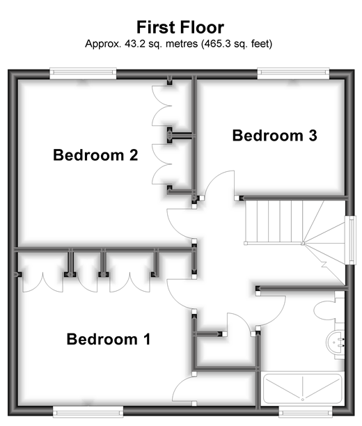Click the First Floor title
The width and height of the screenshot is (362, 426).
(180, 27)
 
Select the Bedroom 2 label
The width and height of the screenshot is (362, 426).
(95, 155)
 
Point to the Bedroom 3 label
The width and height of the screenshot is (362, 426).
(274, 135)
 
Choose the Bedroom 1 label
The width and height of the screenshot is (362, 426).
(109, 339)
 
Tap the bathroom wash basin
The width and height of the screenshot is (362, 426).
(335, 343)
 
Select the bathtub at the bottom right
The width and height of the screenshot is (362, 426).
(303, 389)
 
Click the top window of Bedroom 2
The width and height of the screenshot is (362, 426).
(83, 73)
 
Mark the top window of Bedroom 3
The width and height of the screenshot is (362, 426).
(293, 73)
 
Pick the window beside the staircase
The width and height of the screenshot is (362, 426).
(351, 240)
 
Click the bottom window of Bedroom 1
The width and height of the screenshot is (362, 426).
(88, 411)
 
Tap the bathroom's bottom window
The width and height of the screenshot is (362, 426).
(306, 413)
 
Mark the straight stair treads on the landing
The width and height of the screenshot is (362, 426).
(274, 221)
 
